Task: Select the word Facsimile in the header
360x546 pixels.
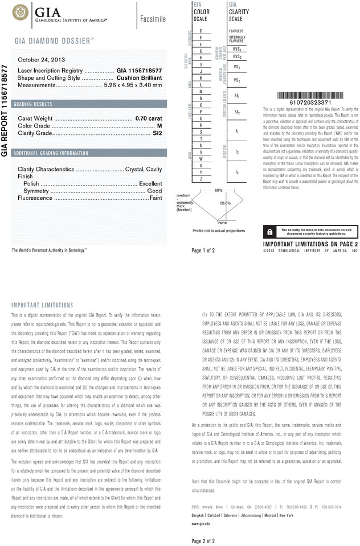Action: (153, 19)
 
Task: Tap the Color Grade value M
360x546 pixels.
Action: (159, 125)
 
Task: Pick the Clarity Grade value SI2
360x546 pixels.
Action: (157, 133)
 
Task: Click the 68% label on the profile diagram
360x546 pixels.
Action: (218, 190)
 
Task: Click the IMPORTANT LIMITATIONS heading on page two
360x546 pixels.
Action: (42, 305)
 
